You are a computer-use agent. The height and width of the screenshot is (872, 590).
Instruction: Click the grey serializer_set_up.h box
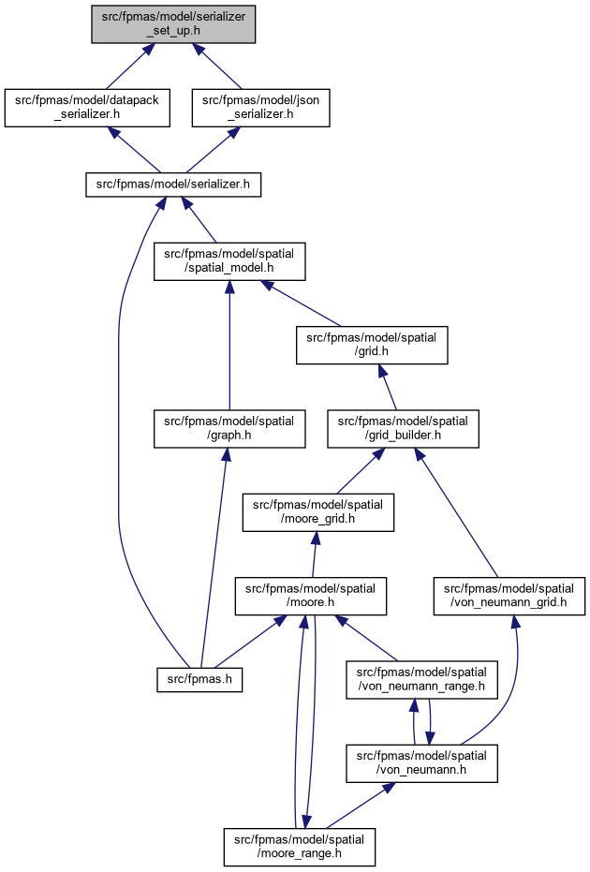[173, 24]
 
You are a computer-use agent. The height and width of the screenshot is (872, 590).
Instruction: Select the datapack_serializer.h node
[87, 108]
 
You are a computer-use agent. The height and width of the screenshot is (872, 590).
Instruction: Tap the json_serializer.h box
[260, 108]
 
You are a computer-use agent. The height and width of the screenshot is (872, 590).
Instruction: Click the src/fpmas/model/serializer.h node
[173, 185]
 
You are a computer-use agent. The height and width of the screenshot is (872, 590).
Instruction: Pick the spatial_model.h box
[229, 260]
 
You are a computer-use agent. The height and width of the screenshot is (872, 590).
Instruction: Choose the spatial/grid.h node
[372, 345]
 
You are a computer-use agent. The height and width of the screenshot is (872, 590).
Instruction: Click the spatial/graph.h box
[229, 429]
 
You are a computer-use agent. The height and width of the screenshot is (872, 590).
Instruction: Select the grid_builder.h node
[403, 429]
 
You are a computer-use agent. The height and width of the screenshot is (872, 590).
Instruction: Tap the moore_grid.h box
[318, 512]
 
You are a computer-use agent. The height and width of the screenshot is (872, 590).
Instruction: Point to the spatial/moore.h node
[310, 596]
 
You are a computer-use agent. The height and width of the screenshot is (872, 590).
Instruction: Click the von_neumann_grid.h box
[509, 596]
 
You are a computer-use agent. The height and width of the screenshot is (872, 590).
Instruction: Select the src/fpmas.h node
[199, 680]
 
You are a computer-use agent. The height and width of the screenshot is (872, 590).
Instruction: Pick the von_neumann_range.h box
[421, 680]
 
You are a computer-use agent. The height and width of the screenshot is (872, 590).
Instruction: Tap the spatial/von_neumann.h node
[421, 763]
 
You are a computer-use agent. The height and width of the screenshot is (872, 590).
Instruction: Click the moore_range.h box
[299, 847]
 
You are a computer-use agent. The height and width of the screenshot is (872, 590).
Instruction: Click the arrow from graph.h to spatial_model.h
[229, 345]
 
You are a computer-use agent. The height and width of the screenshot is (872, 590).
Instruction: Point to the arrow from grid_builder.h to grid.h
[388, 387]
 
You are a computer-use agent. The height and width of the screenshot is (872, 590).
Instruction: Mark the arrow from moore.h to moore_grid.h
[314, 554]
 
